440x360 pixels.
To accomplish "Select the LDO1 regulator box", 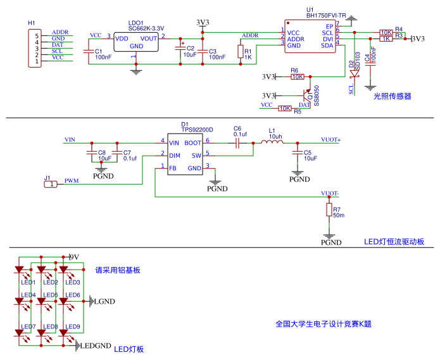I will point(136,42).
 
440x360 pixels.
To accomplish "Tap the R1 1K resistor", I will point(241,51).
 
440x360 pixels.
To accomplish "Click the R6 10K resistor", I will point(297,77).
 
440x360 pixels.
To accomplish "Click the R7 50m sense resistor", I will point(329,210).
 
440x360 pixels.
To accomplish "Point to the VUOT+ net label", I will point(330,139).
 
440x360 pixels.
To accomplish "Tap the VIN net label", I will point(71,139).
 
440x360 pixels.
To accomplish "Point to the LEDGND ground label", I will point(94,346).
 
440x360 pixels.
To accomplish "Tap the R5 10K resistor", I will point(285,109).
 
